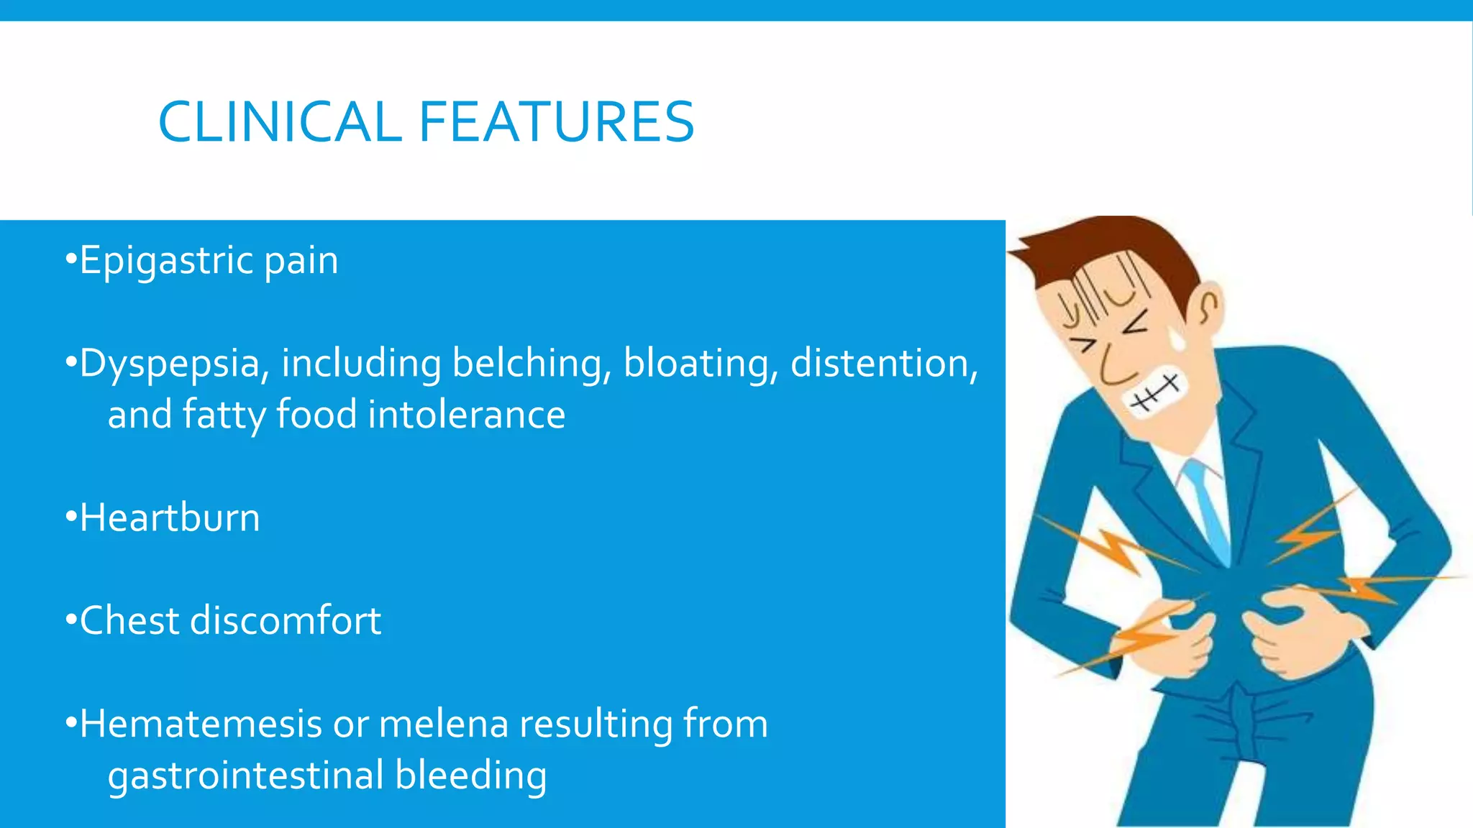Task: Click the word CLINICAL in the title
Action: pos(279,122)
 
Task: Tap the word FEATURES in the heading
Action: pos(556,122)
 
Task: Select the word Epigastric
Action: pos(166,261)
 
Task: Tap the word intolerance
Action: pos(467,415)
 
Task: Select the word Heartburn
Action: pos(170,517)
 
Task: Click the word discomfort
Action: pos(286,620)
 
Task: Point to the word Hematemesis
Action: pos(201,724)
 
